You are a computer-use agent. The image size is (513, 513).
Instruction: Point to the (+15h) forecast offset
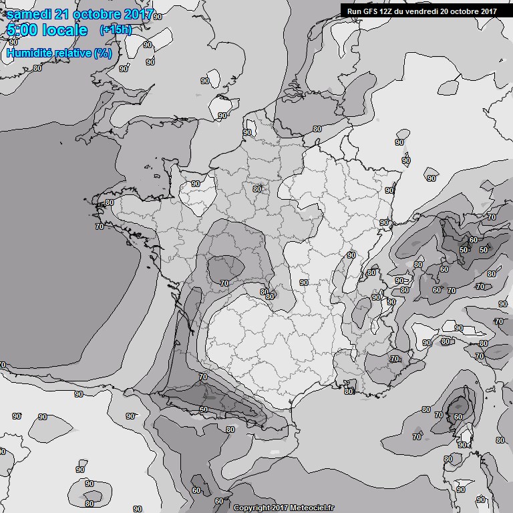[115, 30]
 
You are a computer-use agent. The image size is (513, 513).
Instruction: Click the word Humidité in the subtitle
[28, 53]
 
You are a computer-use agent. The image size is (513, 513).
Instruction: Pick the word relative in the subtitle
[72, 53]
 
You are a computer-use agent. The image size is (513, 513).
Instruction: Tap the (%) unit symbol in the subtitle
[103, 53]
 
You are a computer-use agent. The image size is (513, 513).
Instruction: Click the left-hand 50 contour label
[463, 250]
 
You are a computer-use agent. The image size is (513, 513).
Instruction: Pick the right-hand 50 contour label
[484, 250]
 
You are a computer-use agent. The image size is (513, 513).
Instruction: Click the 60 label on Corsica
[458, 417]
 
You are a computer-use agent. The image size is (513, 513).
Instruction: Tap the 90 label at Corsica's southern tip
[462, 445]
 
